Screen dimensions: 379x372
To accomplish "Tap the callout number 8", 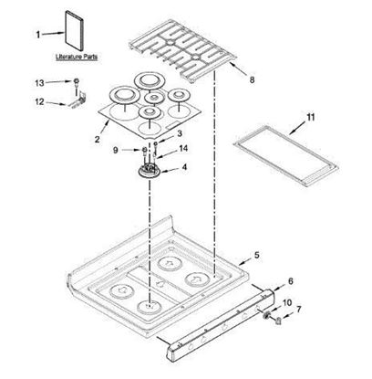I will click(252, 79).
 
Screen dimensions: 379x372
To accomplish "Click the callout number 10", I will click(289, 302).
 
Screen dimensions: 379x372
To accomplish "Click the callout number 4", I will click(186, 168).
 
